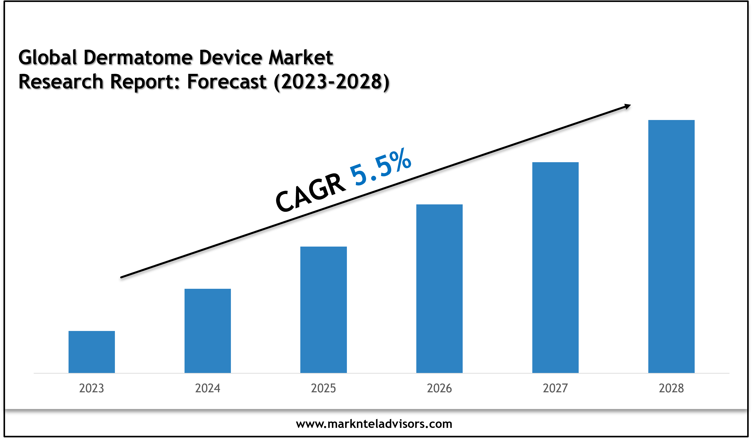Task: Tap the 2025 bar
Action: (x=323, y=310)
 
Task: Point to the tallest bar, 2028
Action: (x=671, y=246)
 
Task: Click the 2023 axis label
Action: (x=92, y=388)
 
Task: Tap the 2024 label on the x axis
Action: (x=207, y=388)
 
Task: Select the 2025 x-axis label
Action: (x=323, y=388)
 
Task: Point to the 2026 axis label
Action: (x=439, y=388)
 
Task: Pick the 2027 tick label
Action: (x=555, y=388)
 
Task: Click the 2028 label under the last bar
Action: (x=671, y=388)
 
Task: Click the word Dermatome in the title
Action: (x=138, y=57)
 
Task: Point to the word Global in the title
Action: (x=48, y=57)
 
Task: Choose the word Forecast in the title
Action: (x=227, y=82)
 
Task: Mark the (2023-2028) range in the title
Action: (x=332, y=82)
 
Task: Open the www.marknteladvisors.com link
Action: (x=374, y=424)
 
